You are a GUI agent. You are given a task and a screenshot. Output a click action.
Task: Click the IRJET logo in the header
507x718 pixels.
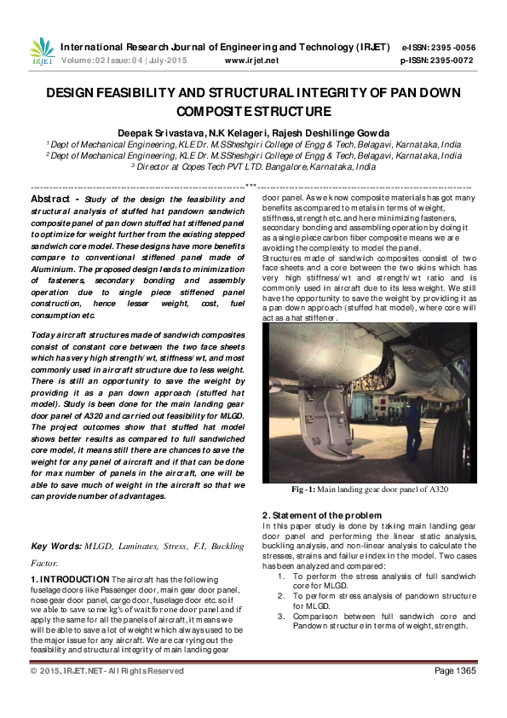(42, 53)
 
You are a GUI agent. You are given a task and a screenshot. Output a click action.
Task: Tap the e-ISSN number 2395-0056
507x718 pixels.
(455, 48)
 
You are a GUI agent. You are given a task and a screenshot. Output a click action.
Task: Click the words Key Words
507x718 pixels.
(55, 545)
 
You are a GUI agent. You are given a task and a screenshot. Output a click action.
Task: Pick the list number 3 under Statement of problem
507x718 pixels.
(282, 616)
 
